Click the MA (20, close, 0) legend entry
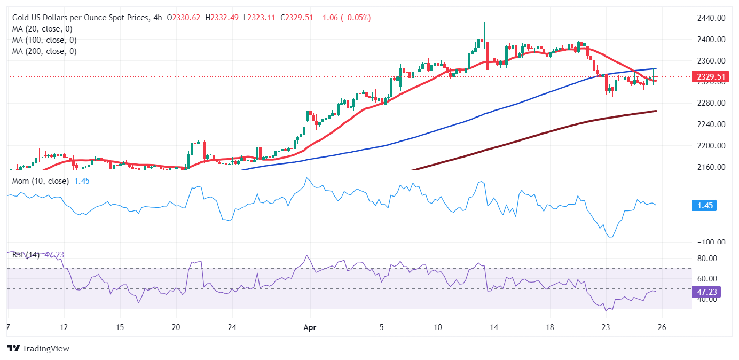pos(42,29)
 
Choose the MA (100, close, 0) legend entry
pos(44,40)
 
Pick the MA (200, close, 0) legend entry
pos(44,51)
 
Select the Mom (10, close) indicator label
pos(41,181)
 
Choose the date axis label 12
pos(64,327)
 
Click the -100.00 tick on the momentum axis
pos(710,242)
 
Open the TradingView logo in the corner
pos(38,348)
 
